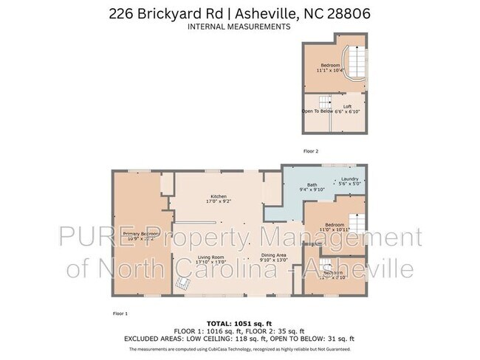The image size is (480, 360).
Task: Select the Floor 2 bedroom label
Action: click(x=329, y=65)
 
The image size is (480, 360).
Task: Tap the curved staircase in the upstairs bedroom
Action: click(x=356, y=66)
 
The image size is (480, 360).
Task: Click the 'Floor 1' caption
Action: click(x=119, y=314)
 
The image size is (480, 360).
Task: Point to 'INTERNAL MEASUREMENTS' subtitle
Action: click(x=239, y=26)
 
